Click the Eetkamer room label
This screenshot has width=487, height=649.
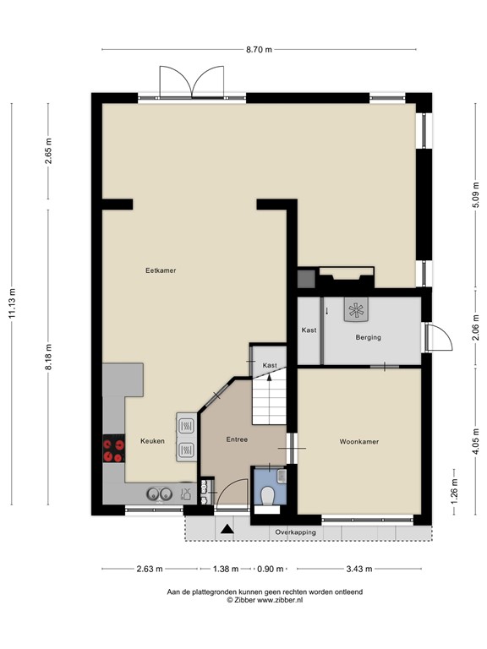coord(161,270)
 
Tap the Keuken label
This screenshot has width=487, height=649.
coord(152,441)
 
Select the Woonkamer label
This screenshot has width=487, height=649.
coord(359,442)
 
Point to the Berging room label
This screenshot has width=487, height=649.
coord(368,337)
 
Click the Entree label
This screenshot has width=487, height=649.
coord(237,439)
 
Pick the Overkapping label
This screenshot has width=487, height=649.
coord(295,532)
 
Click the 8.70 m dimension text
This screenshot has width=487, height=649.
coord(260,50)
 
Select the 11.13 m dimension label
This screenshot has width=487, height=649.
coord(12,304)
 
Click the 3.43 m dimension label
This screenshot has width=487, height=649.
coord(359,569)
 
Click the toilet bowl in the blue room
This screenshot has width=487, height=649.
coord(267,495)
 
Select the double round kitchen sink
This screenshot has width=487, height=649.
coord(159,494)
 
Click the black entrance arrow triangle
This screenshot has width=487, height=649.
coord(227,529)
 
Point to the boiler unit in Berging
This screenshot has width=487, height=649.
coord(356,309)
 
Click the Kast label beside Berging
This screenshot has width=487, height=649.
coord(309,330)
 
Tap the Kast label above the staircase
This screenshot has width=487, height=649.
coord(270,365)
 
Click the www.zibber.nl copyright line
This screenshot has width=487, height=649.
coord(265,600)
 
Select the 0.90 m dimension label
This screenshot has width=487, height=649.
coord(270,569)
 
